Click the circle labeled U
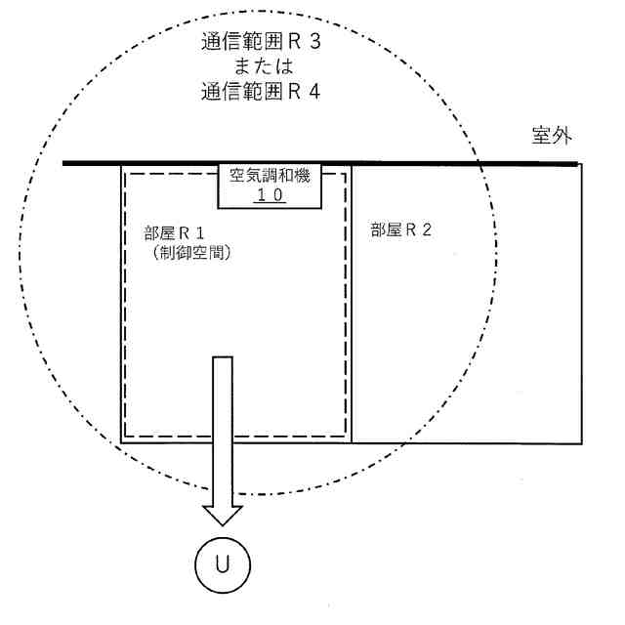click(225, 563)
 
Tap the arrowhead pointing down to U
click(224, 516)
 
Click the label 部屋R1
click(176, 235)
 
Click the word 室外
click(552, 136)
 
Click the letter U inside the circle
click(225, 563)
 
